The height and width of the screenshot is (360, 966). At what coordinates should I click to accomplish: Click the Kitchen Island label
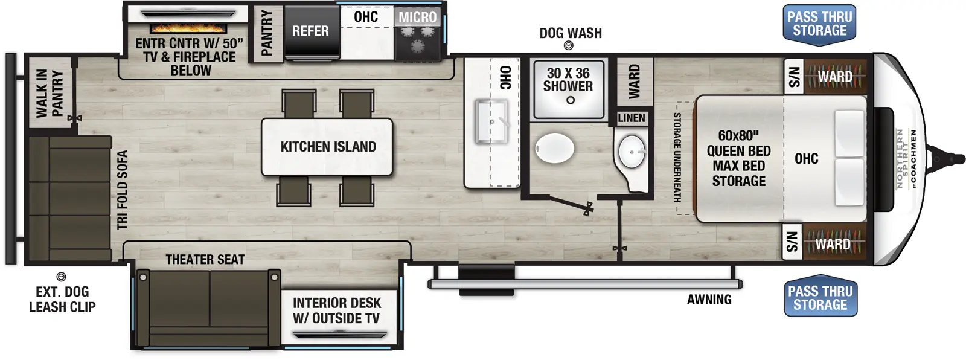(x=328, y=147)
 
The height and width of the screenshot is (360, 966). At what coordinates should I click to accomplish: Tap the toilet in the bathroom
(x=555, y=148)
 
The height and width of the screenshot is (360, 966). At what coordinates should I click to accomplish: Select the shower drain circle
(x=570, y=100)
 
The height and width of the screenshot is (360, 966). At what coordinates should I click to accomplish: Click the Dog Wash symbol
(x=569, y=45)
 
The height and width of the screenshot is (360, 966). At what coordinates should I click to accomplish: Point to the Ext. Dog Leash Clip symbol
(x=61, y=276)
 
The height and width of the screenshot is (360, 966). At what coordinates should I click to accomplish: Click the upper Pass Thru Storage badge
(x=819, y=25)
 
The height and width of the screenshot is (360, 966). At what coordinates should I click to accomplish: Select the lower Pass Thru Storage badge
(x=820, y=297)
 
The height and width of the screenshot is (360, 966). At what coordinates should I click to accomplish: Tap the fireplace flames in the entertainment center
(x=188, y=28)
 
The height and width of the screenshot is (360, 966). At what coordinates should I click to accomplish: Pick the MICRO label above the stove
(x=417, y=18)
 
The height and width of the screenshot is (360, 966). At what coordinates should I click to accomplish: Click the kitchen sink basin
(x=491, y=121)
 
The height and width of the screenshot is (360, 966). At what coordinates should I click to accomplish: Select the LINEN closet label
(x=632, y=118)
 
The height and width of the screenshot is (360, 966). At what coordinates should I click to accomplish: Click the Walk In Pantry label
(x=50, y=93)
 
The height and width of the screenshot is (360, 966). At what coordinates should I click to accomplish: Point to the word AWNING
(x=709, y=299)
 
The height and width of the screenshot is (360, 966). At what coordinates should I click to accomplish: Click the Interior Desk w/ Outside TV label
(x=337, y=311)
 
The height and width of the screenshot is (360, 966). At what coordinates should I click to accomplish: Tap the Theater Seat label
(x=205, y=259)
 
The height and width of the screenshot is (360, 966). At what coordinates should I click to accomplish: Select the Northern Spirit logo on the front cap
(x=906, y=158)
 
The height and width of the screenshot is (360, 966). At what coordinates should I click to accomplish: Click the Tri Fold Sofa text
(x=123, y=190)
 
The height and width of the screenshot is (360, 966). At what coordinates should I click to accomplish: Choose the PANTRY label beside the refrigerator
(x=267, y=33)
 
